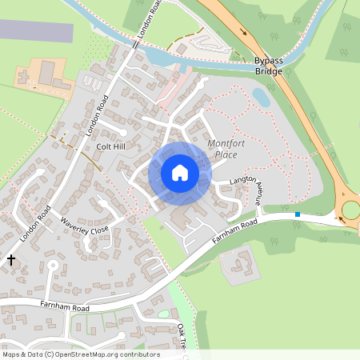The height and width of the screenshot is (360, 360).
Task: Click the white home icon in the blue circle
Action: (x=180, y=173)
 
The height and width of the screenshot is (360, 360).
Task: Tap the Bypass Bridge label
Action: (x=268, y=66)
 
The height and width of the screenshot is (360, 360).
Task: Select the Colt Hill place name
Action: (x=111, y=147)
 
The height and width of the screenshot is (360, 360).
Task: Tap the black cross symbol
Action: (x=11, y=260)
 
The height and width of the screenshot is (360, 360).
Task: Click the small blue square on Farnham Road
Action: (x=298, y=214)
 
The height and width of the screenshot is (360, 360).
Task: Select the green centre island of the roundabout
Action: (x=351, y=210)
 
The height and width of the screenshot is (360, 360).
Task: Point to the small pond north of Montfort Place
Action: (x=261, y=96)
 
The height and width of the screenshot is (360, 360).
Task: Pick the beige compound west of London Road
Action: (x=44, y=75)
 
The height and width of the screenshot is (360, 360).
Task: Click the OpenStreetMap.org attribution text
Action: (x=81, y=354)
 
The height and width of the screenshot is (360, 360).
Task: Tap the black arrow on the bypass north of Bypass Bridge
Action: (x=243, y=32)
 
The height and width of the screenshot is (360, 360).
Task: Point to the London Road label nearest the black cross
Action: (x=35, y=224)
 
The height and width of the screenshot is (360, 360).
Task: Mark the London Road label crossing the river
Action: (x=149, y=21)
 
